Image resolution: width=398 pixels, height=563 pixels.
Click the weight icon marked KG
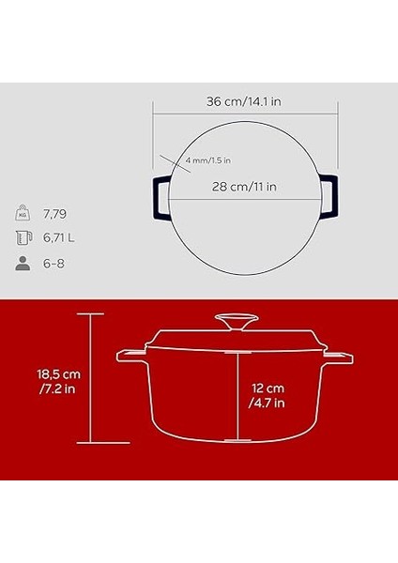click(x=22, y=212)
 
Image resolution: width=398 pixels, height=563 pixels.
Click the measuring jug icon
click(x=22, y=237)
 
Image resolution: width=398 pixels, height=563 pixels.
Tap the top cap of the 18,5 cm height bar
click(x=90, y=314)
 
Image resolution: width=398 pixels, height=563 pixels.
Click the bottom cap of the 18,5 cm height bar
click(x=90, y=442)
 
